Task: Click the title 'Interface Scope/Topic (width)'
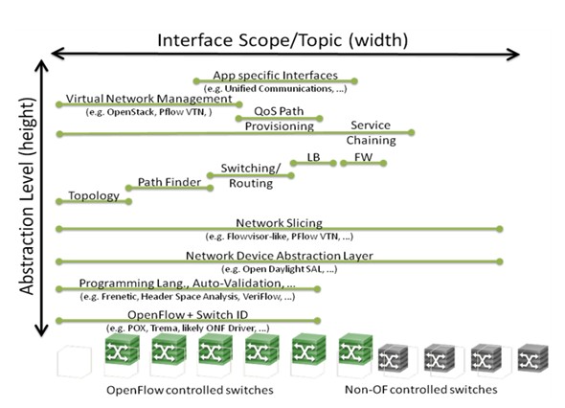pyautogui.click(x=282, y=40)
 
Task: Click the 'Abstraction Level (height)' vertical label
pyautogui.click(x=28, y=196)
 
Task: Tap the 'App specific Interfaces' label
pyautogui.click(x=275, y=75)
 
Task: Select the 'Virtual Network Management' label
pyautogui.click(x=148, y=99)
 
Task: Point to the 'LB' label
pyautogui.click(x=313, y=157)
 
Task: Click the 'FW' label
pyautogui.click(x=363, y=157)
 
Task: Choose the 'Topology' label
pyautogui.click(x=94, y=195)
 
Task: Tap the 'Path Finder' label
pyautogui.click(x=169, y=182)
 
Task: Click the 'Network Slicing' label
pyautogui.click(x=280, y=223)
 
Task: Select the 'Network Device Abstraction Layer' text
pyautogui.click(x=280, y=256)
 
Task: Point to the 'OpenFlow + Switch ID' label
pyautogui.click(x=188, y=315)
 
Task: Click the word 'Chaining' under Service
pyautogui.click(x=372, y=140)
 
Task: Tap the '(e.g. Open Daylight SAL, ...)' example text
pyautogui.click(x=280, y=269)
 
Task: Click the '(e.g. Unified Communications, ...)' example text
pyautogui.click(x=275, y=89)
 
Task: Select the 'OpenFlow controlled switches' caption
pyautogui.click(x=190, y=390)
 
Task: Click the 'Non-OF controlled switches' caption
pyautogui.click(x=420, y=390)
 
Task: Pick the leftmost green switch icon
pyautogui.click(x=122, y=350)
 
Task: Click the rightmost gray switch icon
pyautogui.click(x=533, y=357)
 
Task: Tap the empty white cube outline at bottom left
pyautogui.click(x=75, y=361)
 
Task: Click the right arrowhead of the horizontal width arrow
pyautogui.click(x=513, y=55)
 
